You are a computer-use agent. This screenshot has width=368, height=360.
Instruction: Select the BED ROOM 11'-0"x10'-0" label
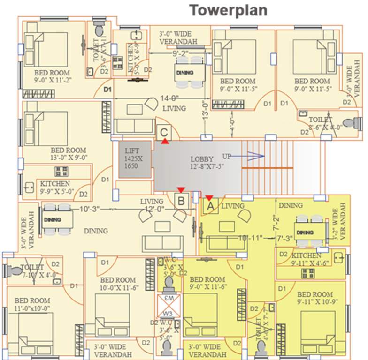(33, 304)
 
